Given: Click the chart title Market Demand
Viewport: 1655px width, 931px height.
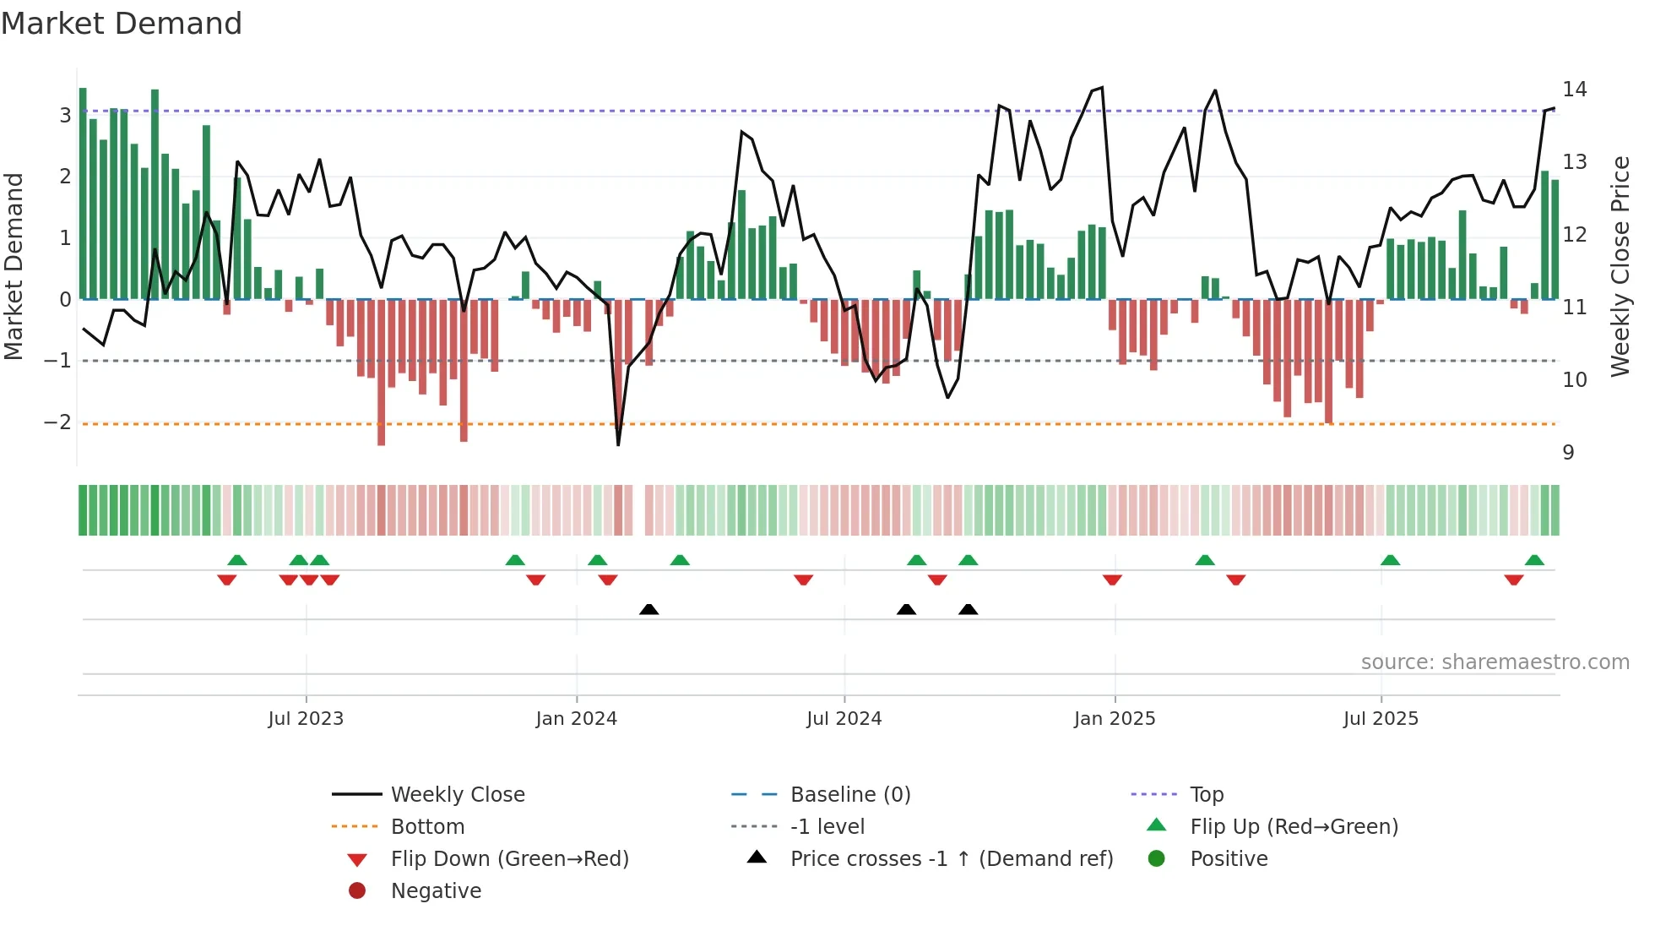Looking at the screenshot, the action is click(x=122, y=24).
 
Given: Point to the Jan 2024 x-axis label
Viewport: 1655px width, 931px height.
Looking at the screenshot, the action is click(x=576, y=719).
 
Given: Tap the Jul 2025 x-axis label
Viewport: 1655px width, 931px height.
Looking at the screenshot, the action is click(x=1381, y=719).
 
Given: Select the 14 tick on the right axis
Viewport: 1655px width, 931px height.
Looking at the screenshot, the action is click(x=1575, y=90).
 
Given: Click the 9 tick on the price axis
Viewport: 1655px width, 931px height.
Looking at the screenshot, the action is click(x=1568, y=453).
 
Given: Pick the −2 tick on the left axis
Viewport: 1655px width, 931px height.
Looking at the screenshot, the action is click(x=58, y=422).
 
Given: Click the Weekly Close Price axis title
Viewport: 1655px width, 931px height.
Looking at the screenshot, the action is click(x=1620, y=266).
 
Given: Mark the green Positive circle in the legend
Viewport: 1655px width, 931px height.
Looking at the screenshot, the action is click(x=1157, y=859).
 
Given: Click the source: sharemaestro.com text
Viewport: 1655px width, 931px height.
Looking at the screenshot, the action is click(x=1495, y=662).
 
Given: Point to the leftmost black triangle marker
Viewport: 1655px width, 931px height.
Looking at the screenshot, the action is click(x=648, y=609).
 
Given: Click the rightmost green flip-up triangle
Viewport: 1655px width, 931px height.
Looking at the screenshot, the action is click(x=1534, y=560).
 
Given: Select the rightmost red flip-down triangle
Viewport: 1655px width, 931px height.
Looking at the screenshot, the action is click(x=1513, y=580).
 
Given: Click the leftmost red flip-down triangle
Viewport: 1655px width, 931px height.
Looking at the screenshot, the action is click(x=226, y=580).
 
